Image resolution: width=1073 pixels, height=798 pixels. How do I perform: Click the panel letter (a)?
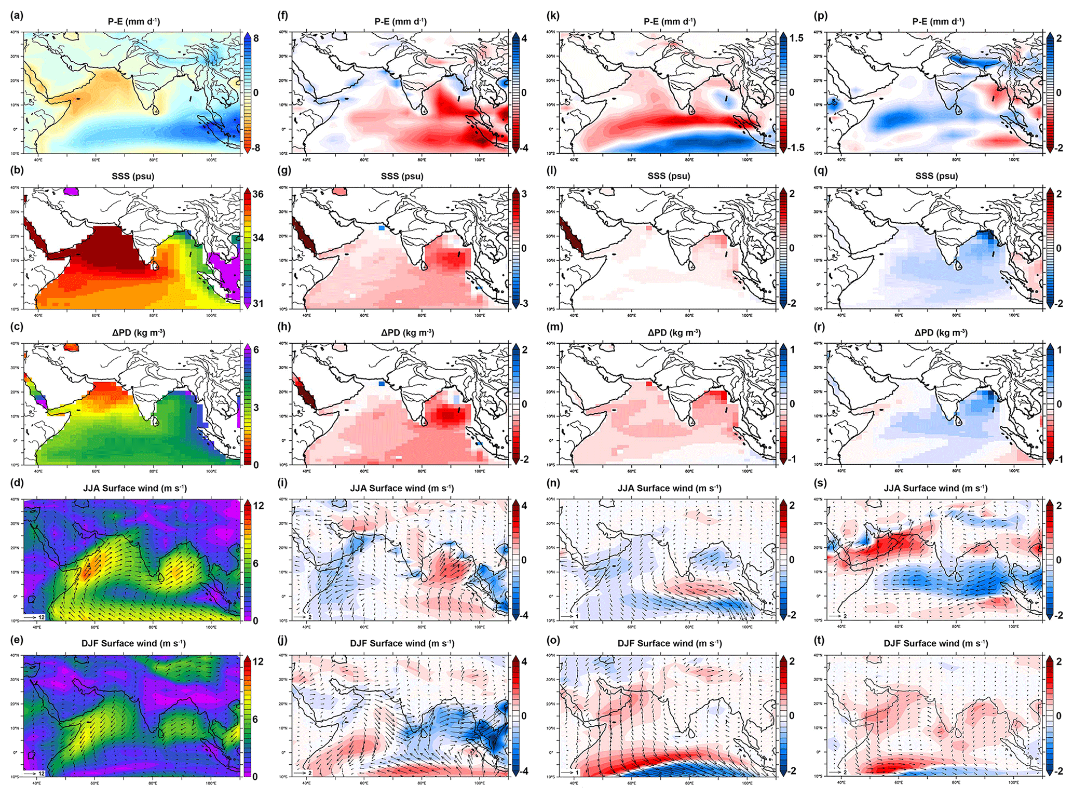16,16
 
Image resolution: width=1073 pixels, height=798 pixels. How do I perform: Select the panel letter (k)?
553,16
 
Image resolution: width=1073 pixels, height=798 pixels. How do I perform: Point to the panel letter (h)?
284,327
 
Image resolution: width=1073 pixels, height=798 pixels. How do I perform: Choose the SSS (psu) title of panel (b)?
133,176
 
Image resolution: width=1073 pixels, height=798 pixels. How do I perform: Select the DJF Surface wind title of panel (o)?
670,643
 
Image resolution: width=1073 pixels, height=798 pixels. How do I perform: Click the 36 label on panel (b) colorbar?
258,194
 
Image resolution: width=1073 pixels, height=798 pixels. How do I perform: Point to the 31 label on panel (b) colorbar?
258,303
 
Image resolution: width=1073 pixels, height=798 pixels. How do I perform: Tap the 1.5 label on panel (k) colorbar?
796,38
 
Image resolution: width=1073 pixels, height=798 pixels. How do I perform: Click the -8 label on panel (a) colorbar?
255,148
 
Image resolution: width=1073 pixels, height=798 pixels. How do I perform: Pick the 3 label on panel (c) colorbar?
256,408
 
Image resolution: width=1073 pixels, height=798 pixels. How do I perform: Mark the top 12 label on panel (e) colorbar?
258,661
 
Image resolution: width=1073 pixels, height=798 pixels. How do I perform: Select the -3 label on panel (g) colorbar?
523,303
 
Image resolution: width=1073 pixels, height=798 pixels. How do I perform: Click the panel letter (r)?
821,327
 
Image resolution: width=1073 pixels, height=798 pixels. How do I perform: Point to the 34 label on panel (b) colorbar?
258,238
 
